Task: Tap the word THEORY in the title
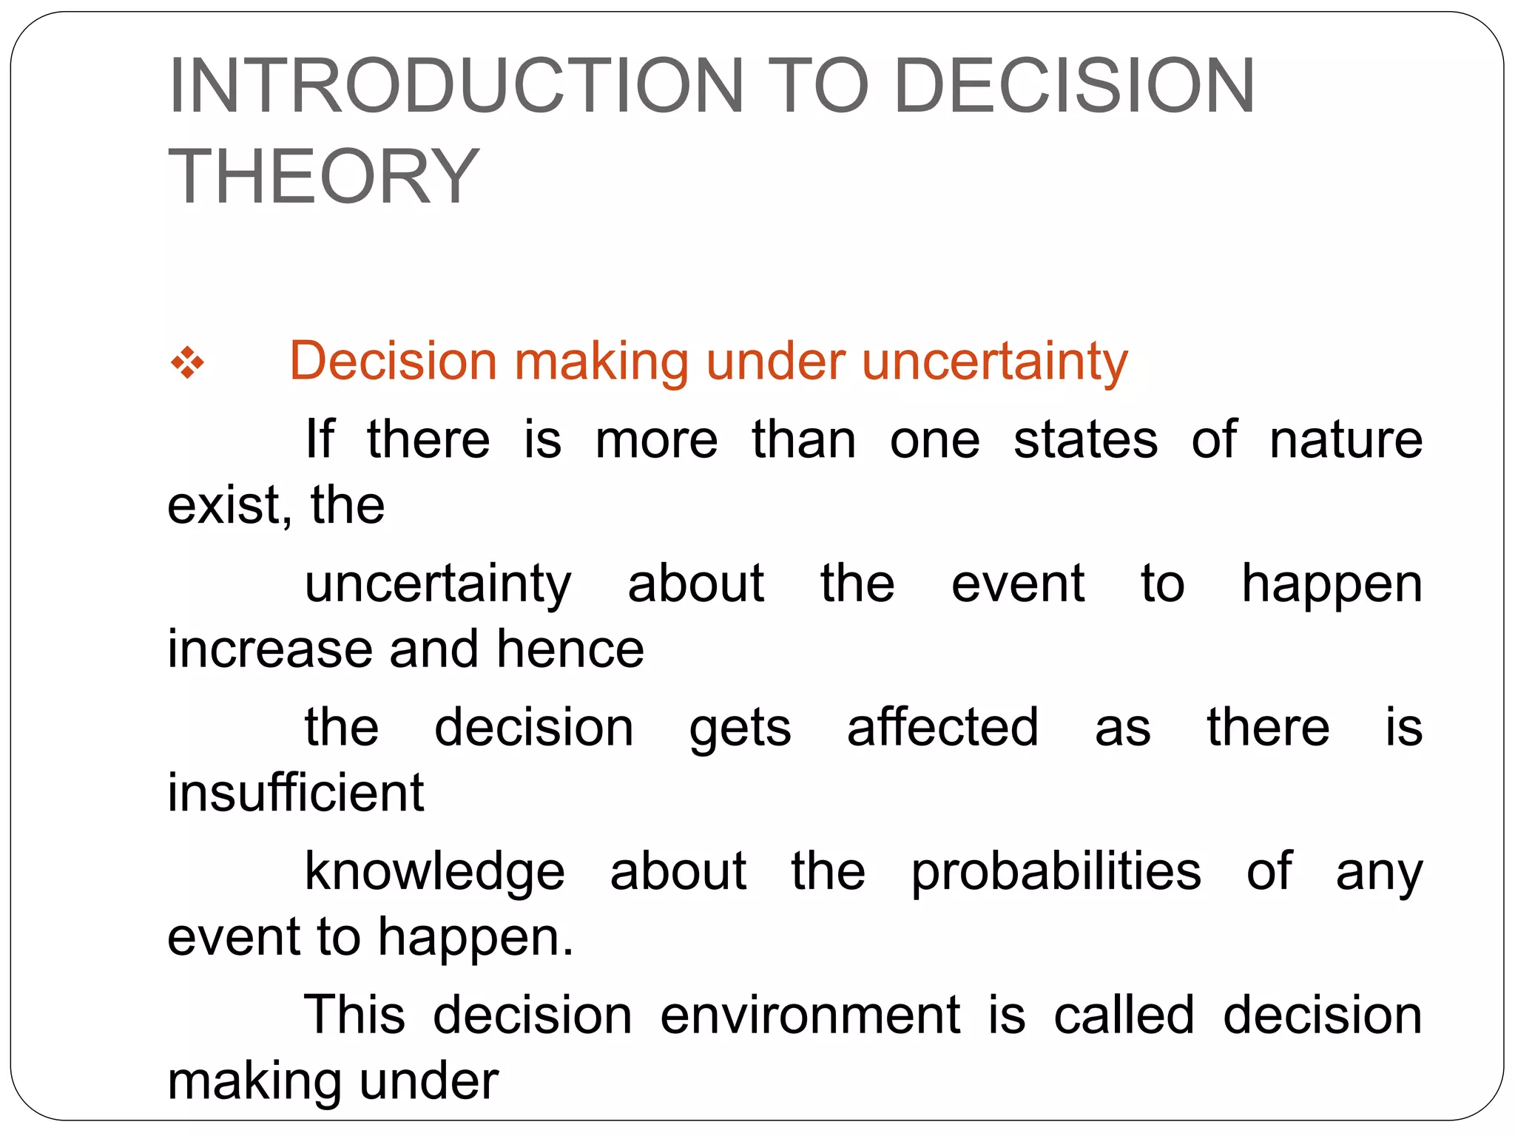click(x=324, y=177)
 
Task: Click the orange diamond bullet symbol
click(x=187, y=363)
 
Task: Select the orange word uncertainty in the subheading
click(x=994, y=362)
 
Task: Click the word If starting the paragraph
click(x=320, y=439)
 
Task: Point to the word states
click(x=1084, y=440)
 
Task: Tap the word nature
click(x=1346, y=440)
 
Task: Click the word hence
click(x=570, y=649)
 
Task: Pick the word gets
click(x=740, y=728)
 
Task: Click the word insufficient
click(x=295, y=793)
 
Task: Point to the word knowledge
click(x=435, y=872)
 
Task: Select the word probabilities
click(x=1056, y=872)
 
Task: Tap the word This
click(x=354, y=1015)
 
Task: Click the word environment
click(x=810, y=1015)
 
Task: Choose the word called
click(x=1124, y=1015)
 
